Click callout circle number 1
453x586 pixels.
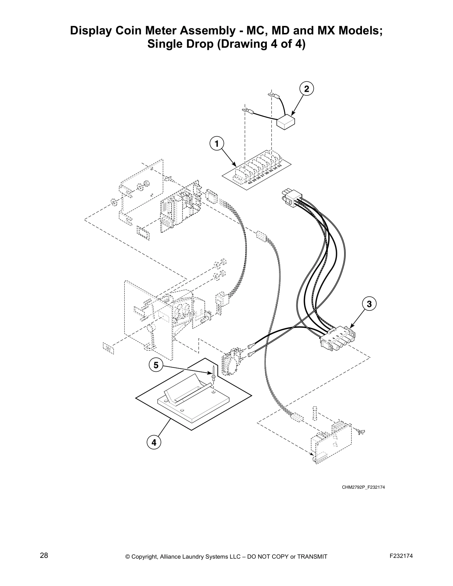click(217, 143)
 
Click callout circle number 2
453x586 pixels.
click(306, 89)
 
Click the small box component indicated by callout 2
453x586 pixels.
click(286, 122)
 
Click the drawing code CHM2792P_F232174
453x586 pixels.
click(363, 487)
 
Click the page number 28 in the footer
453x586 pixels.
click(44, 555)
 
